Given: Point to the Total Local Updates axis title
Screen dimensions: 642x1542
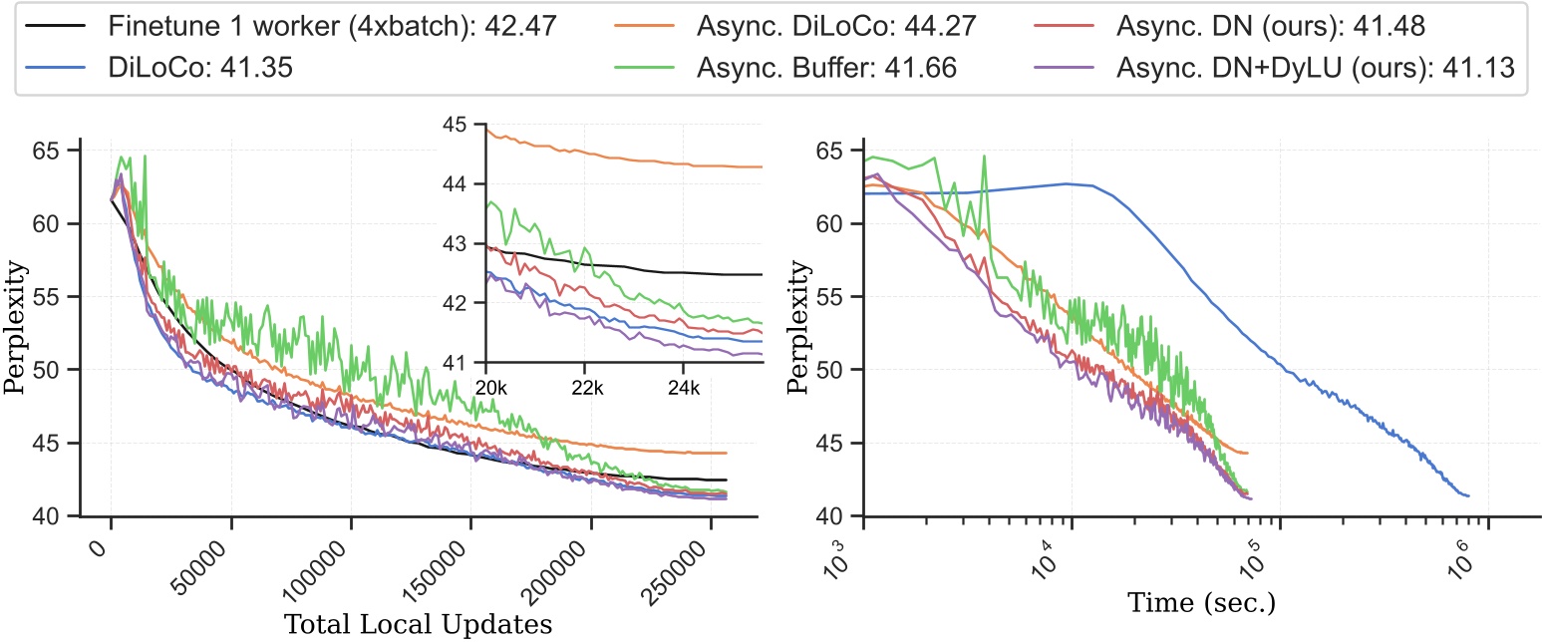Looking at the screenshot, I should pyautogui.click(x=419, y=625).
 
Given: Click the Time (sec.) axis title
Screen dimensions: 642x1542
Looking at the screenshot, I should pyautogui.click(x=1202, y=602).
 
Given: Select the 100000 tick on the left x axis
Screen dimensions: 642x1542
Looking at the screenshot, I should pyautogui.click(x=329, y=568).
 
